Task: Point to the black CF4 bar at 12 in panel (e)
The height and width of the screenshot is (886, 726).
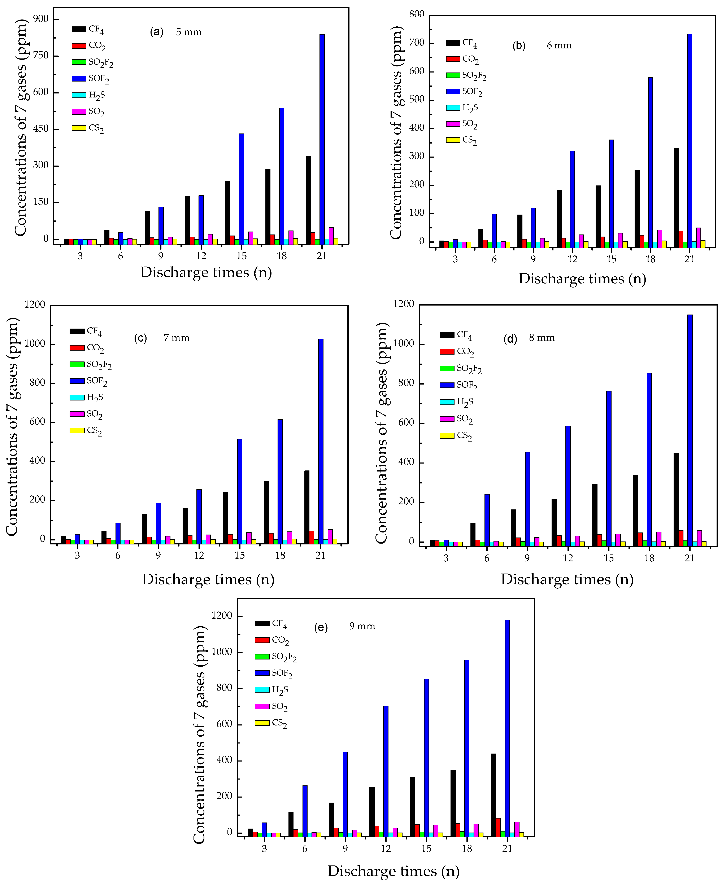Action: click(372, 811)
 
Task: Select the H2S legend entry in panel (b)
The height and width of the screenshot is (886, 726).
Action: click(462, 108)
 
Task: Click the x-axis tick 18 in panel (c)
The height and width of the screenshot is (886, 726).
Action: click(280, 555)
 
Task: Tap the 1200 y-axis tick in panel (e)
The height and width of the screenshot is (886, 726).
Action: click(222, 616)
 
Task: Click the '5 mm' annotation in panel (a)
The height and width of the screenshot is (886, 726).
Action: click(189, 32)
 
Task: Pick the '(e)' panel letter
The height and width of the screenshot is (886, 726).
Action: click(321, 627)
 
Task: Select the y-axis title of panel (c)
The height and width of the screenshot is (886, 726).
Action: click(13, 426)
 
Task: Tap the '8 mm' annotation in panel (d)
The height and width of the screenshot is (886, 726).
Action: click(542, 338)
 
